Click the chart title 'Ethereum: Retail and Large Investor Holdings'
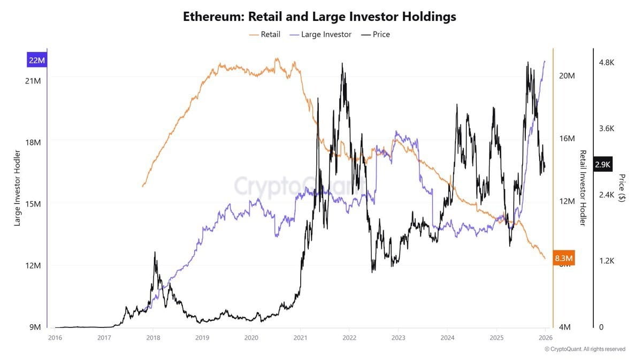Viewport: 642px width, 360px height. click(x=319, y=17)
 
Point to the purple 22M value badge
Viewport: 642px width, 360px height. click(x=37, y=60)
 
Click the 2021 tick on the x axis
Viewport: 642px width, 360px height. click(x=300, y=338)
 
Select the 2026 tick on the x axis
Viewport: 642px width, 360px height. click(x=546, y=338)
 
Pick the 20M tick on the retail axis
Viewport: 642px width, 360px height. click(x=567, y=76)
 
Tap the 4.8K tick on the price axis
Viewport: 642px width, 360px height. click(x=607, y=63)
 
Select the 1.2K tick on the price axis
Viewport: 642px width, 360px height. click(x=607, y=261)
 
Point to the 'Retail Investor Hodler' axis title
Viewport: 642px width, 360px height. click(x=583, y=188)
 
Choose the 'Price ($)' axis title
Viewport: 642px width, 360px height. click(x=622, y=188)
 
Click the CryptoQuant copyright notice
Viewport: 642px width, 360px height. click(x=585, y=349)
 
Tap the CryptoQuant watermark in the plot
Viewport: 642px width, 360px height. click(x=300, y=187)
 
